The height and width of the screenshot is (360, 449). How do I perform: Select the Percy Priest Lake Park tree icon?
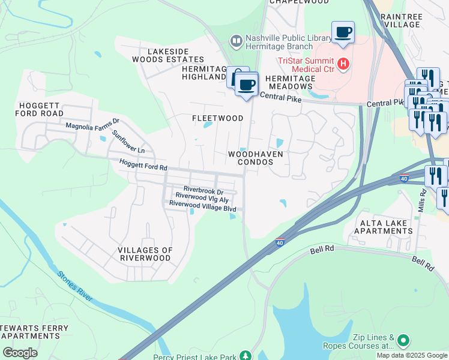click(244, 356)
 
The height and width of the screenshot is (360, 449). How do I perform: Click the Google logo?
click(20, 353)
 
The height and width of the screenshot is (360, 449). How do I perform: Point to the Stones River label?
click(75, 286)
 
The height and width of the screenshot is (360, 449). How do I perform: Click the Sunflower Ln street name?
click(128, 141)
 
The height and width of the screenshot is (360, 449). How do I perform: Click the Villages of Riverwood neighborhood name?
click(145, 254)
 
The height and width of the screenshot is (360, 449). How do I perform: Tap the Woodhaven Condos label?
click(255, 158)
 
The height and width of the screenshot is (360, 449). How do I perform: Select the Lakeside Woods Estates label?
click(167, 56)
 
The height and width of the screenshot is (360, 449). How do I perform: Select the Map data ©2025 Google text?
click(412, 355)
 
